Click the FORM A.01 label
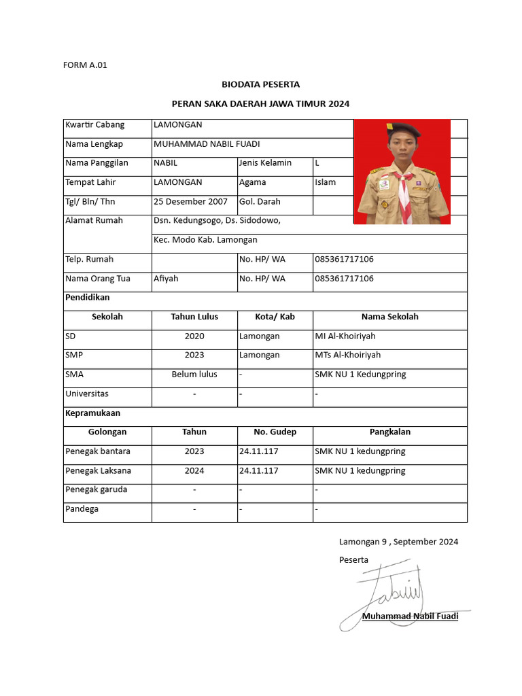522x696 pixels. tap(85, 65)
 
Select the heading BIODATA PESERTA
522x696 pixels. tap(260, 84)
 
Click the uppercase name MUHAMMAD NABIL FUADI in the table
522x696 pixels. tap(207, 144)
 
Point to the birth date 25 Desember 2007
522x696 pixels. tap(190, 202)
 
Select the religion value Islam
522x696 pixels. tap(325, 182)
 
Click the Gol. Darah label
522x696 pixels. tap(260, 202)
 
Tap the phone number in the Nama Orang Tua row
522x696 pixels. tap(344, 279)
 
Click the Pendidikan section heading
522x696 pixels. tap(87, 298)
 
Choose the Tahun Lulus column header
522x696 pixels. tap(194, 317)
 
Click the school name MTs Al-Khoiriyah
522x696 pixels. tap(347, 355)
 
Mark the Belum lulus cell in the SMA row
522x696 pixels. tap(194, 375)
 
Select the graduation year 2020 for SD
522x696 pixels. tap(194, 336)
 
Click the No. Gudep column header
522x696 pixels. tap(275, 432)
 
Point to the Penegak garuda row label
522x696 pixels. tap(96, 489)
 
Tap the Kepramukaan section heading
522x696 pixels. tap(92, 413)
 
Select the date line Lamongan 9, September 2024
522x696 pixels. tap(398, 542)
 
